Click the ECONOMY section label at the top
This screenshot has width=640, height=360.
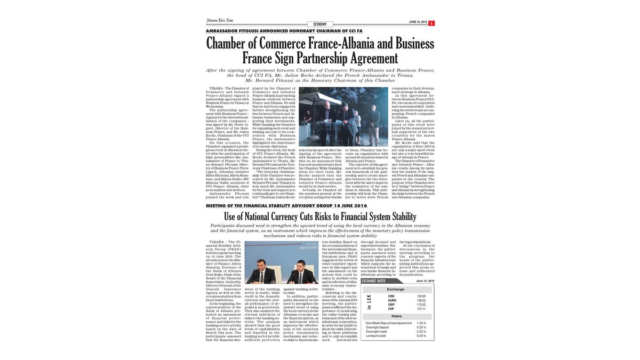point(320,25)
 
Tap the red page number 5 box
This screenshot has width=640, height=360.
point(431,23)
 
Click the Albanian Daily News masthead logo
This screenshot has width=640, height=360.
point(220,21)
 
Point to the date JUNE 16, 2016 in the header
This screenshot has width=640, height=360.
point(418,22)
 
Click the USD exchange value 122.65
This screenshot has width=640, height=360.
point(421,296)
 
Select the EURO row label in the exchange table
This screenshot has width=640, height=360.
point(392,300)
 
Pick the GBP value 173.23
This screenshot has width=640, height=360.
point(421,305)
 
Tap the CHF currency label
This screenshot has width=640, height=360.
point(391,309)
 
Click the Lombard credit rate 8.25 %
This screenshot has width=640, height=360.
point(421,336)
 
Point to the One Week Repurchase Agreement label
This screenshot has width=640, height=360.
point(389,323)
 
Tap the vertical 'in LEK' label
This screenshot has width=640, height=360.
point(369,302)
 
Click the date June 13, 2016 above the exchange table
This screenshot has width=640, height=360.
point(425,281)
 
